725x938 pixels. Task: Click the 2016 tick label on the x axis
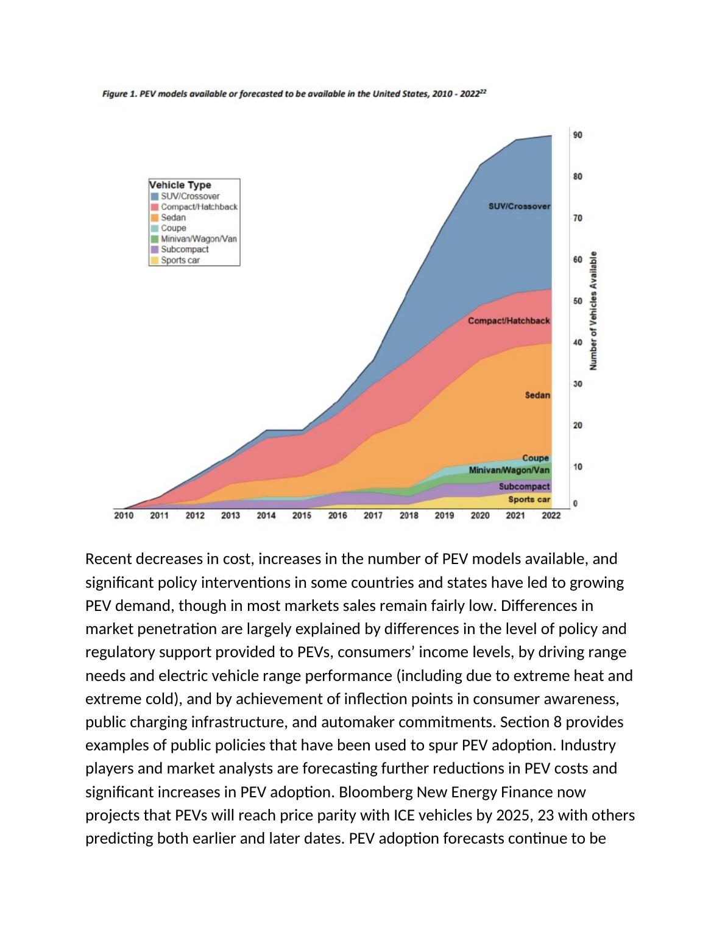[338, 515]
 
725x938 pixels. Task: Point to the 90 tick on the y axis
[577, 135]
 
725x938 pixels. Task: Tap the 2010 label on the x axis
[124, 515]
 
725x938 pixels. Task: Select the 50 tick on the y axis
[577, 301]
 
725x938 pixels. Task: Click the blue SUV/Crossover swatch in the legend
[155, 197]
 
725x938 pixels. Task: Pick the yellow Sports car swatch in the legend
[155, 260]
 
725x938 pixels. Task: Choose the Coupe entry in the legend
[174, 228]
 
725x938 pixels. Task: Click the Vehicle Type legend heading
[180, 185]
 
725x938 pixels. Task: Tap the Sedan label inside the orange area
[537, 395]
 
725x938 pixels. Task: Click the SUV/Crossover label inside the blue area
[519, 206]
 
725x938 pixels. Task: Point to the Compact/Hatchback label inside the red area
[509, 321]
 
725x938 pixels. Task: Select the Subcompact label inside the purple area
[524, 487]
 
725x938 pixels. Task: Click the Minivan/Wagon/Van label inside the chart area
[509, 470]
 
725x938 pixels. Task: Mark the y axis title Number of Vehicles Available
[593, 311]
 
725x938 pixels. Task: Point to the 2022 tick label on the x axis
[551, 515]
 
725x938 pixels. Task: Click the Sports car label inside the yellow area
[529, 499]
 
